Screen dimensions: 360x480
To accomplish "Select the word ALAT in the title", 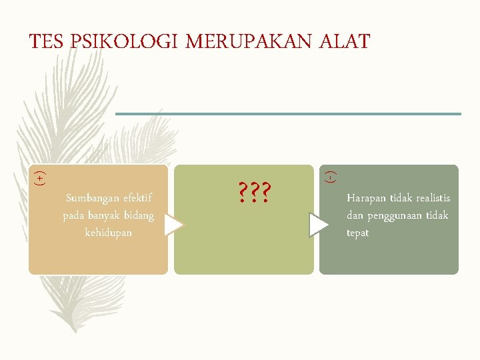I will point(345,42).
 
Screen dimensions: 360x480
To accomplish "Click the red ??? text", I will point(254,193).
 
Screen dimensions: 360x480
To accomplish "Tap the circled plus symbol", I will point(40,178).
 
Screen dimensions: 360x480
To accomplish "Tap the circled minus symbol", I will point(331,177).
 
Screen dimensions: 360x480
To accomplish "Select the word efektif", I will point(138,198).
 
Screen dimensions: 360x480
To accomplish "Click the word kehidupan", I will point(109,233).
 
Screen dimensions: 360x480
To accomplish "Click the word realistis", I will point(433,198).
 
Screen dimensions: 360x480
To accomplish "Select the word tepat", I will point(358,233).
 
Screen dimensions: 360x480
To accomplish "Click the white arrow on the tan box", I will point(173,225).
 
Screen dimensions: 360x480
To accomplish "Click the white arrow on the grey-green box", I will point(319,225).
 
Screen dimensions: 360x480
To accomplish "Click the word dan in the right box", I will point(354,215).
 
